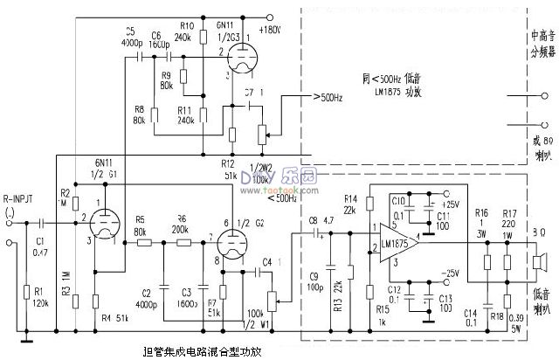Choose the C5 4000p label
[132, 36]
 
